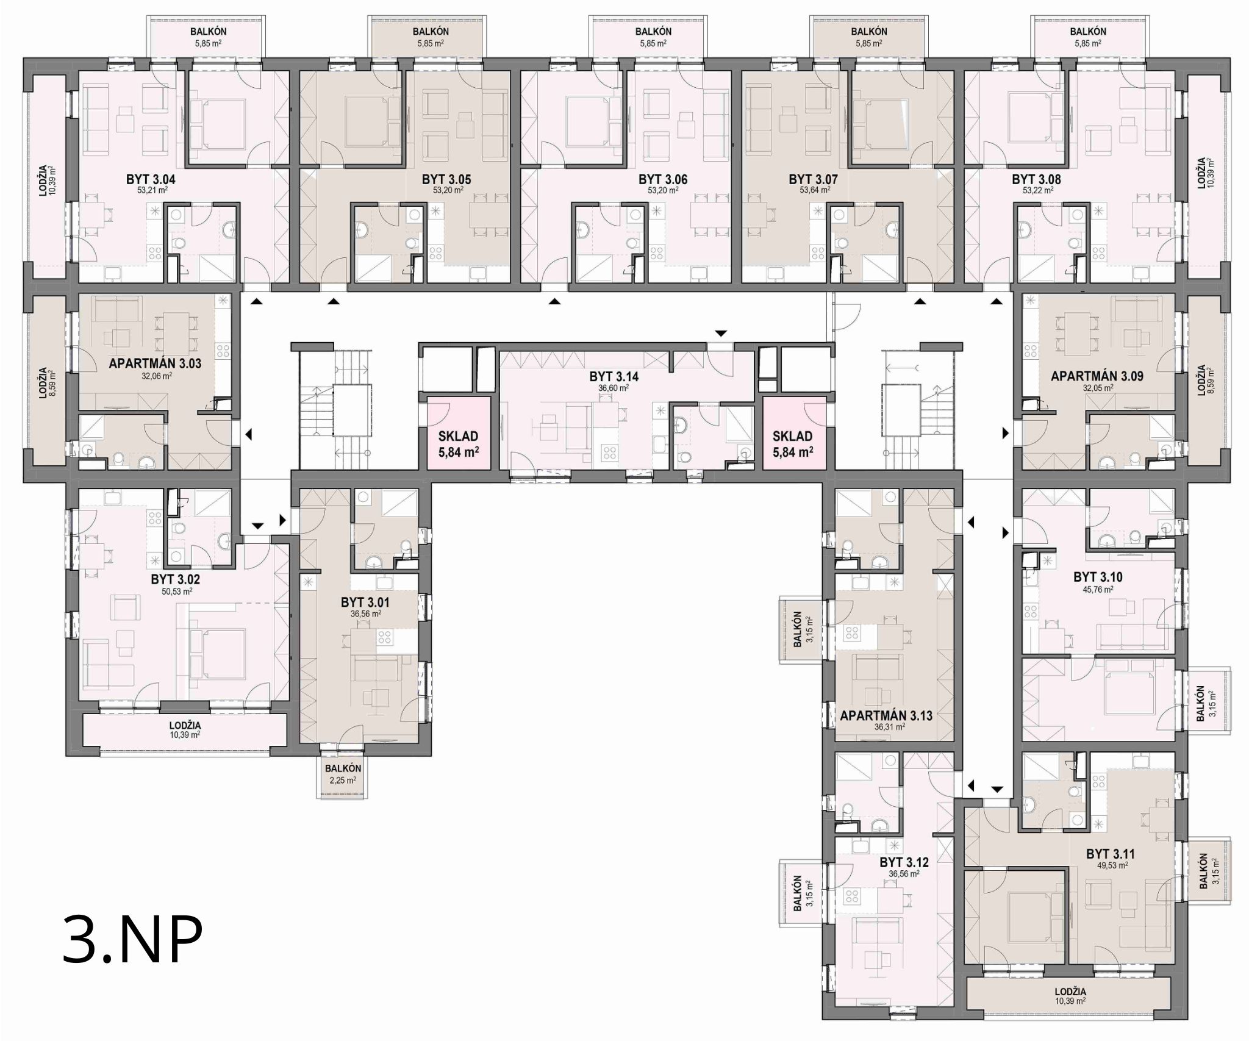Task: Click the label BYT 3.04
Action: tap(151, 180)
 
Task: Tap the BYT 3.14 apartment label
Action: tap(614, 377)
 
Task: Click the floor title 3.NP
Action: tap(132, 940)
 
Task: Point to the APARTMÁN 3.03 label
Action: tap(155, 364)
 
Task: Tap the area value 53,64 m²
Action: tap(814, 190)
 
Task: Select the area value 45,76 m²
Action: tap(1098, 590)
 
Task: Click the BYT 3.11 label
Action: tap(1111, 854)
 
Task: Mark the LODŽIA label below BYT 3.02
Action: tap(185, 726)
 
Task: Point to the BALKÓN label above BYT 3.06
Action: tap(653, 31)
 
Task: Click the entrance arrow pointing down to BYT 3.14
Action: tap(721, 334)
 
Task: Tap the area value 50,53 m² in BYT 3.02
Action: tap(176, 592)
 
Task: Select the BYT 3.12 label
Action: tap(904, 863)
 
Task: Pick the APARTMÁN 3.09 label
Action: tap(1097, 376)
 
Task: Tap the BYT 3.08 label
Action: tap(1036, 180)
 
